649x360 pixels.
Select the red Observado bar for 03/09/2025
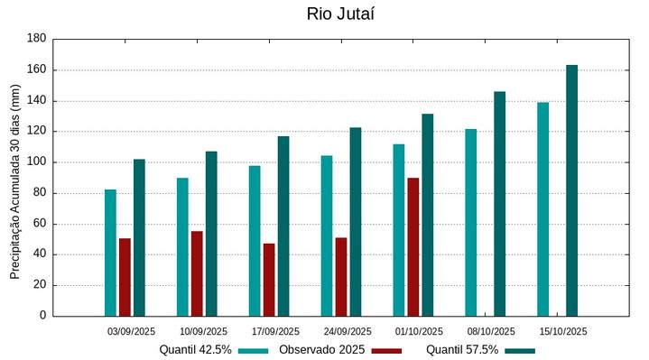click(125, 277)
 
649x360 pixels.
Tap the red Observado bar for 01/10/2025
click(413, 246)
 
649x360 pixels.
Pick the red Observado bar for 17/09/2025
click(269, 280)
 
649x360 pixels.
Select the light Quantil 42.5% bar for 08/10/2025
click(471, 222)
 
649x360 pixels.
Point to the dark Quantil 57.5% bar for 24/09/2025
click(356, 222)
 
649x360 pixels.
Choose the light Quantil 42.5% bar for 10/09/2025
click(182, 246)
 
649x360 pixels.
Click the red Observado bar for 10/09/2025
click(197, 273)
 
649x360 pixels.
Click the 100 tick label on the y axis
click(36, 162)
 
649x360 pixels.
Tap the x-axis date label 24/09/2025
click(348, 331)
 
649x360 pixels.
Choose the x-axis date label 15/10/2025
click(563, 331)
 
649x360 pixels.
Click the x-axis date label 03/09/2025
click(132, 331)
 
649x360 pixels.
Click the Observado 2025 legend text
click(321, 349)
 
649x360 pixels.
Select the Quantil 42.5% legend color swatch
click(255, 350)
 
